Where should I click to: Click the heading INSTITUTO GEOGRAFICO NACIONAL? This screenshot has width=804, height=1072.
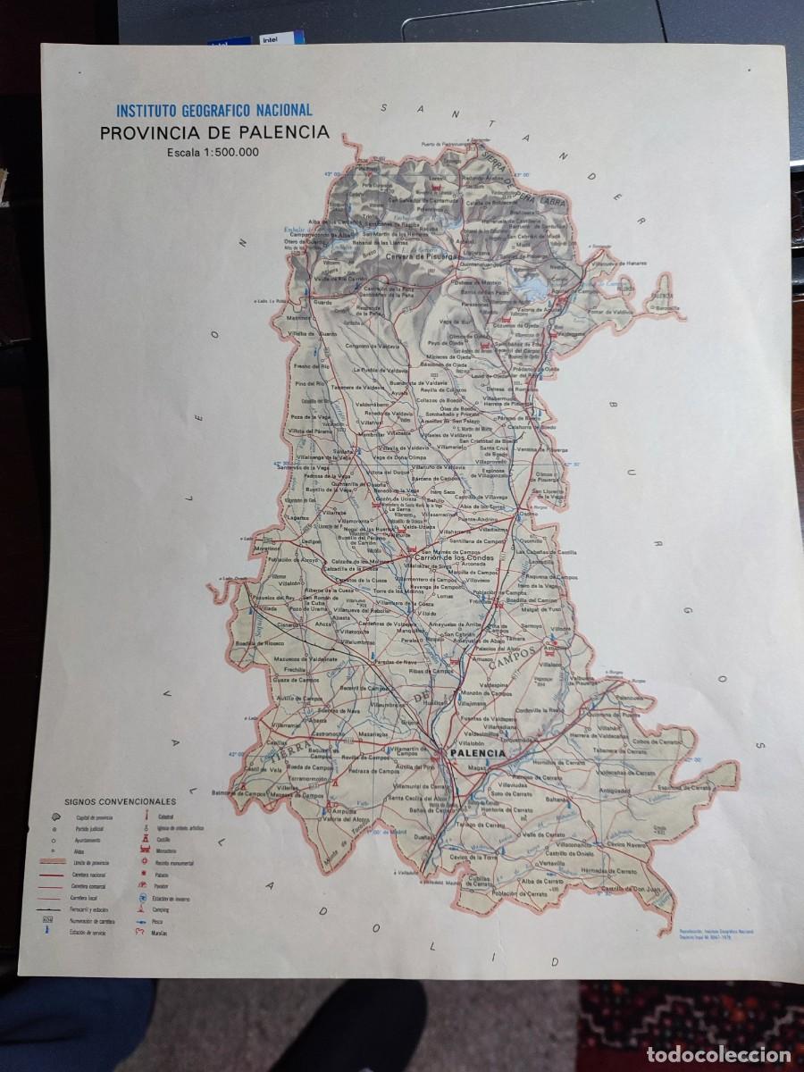(x=214, y=111)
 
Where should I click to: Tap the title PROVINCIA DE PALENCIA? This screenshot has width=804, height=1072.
(x=214, y=133)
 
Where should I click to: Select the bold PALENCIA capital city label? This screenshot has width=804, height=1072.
(x=478, y=754)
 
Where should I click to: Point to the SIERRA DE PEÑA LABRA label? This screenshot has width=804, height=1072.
(x=528, y=184)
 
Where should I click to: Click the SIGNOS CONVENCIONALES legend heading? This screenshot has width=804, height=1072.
(x=120, y=802)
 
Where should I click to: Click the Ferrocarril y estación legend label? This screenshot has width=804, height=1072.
(x=90, y=908)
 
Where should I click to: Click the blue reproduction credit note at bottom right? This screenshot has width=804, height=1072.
(x=715, y=932)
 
